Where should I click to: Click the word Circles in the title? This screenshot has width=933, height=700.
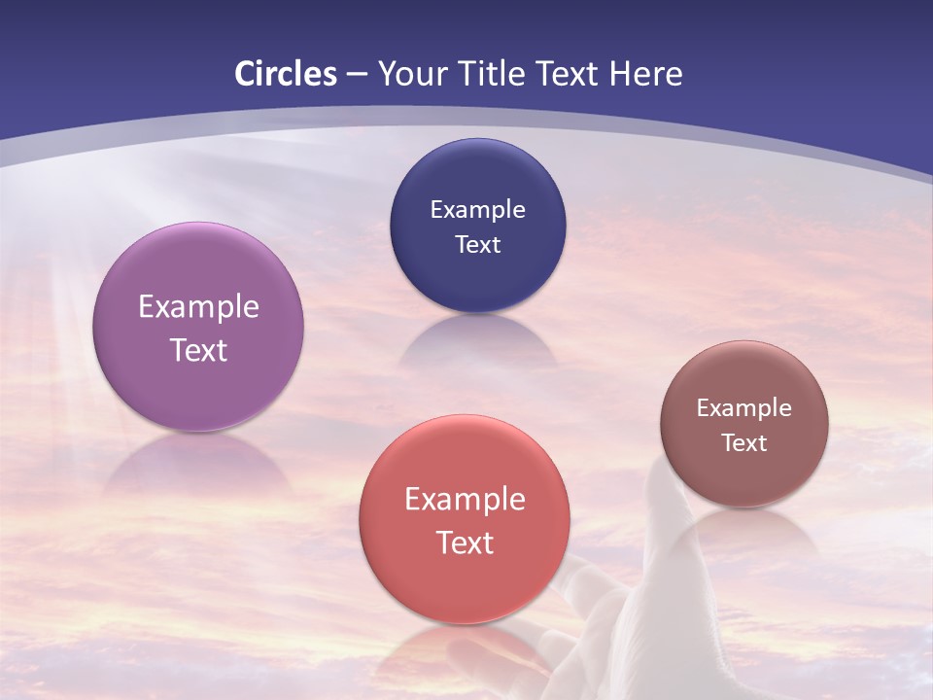[x=286, y=74]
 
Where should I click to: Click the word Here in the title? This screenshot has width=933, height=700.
[x=645, y=74]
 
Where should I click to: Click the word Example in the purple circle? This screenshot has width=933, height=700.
[x=198, y=307]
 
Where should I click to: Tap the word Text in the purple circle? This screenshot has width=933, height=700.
[x=198, y=350]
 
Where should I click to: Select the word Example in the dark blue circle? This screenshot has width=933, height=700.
[x=478, y=210]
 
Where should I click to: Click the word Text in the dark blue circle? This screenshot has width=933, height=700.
[x=478, y=244]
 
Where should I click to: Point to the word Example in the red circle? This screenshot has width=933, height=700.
[x=465, y=500]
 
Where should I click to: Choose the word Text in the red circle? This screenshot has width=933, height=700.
[x=465, y=542]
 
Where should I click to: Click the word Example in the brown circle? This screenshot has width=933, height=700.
[x=744, y=408]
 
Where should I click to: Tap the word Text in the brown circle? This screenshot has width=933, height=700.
[x=744, y=443]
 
